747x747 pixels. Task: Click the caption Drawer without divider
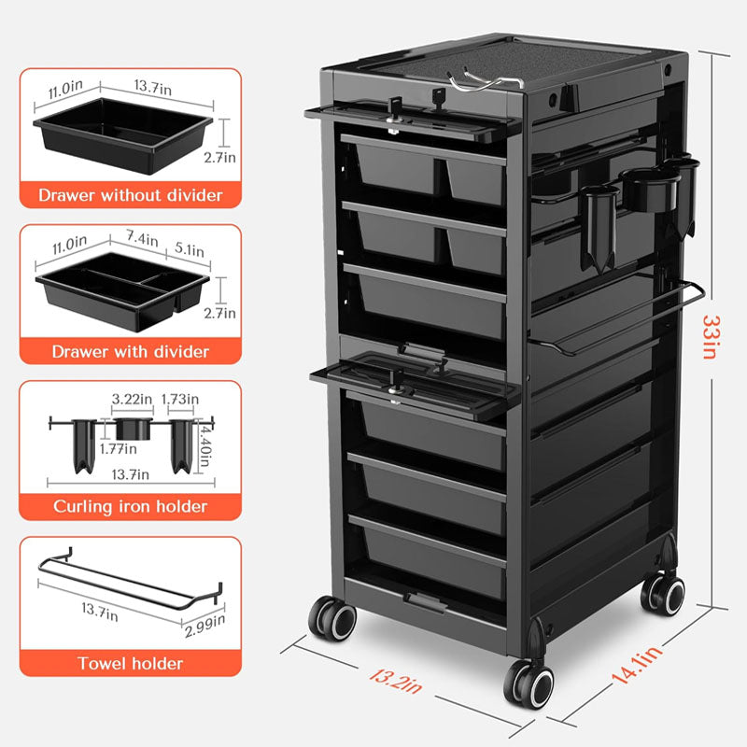tap(131, 195)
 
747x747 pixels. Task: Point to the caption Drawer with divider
tap(131, 351)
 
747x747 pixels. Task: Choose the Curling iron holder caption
tap(131, 506)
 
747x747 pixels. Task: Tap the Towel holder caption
tap(131, 664)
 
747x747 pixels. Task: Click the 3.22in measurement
tap(132, 400)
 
